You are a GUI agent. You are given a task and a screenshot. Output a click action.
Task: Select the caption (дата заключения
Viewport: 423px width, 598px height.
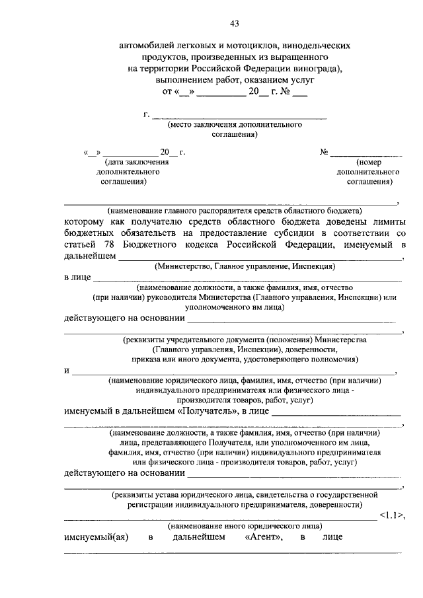[x=135, y=161]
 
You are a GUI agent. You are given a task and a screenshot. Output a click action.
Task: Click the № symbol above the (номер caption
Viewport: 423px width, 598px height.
[x=325, y=152]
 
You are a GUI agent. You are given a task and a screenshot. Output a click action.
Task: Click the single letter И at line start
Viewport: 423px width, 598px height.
[x=67, y=371]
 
